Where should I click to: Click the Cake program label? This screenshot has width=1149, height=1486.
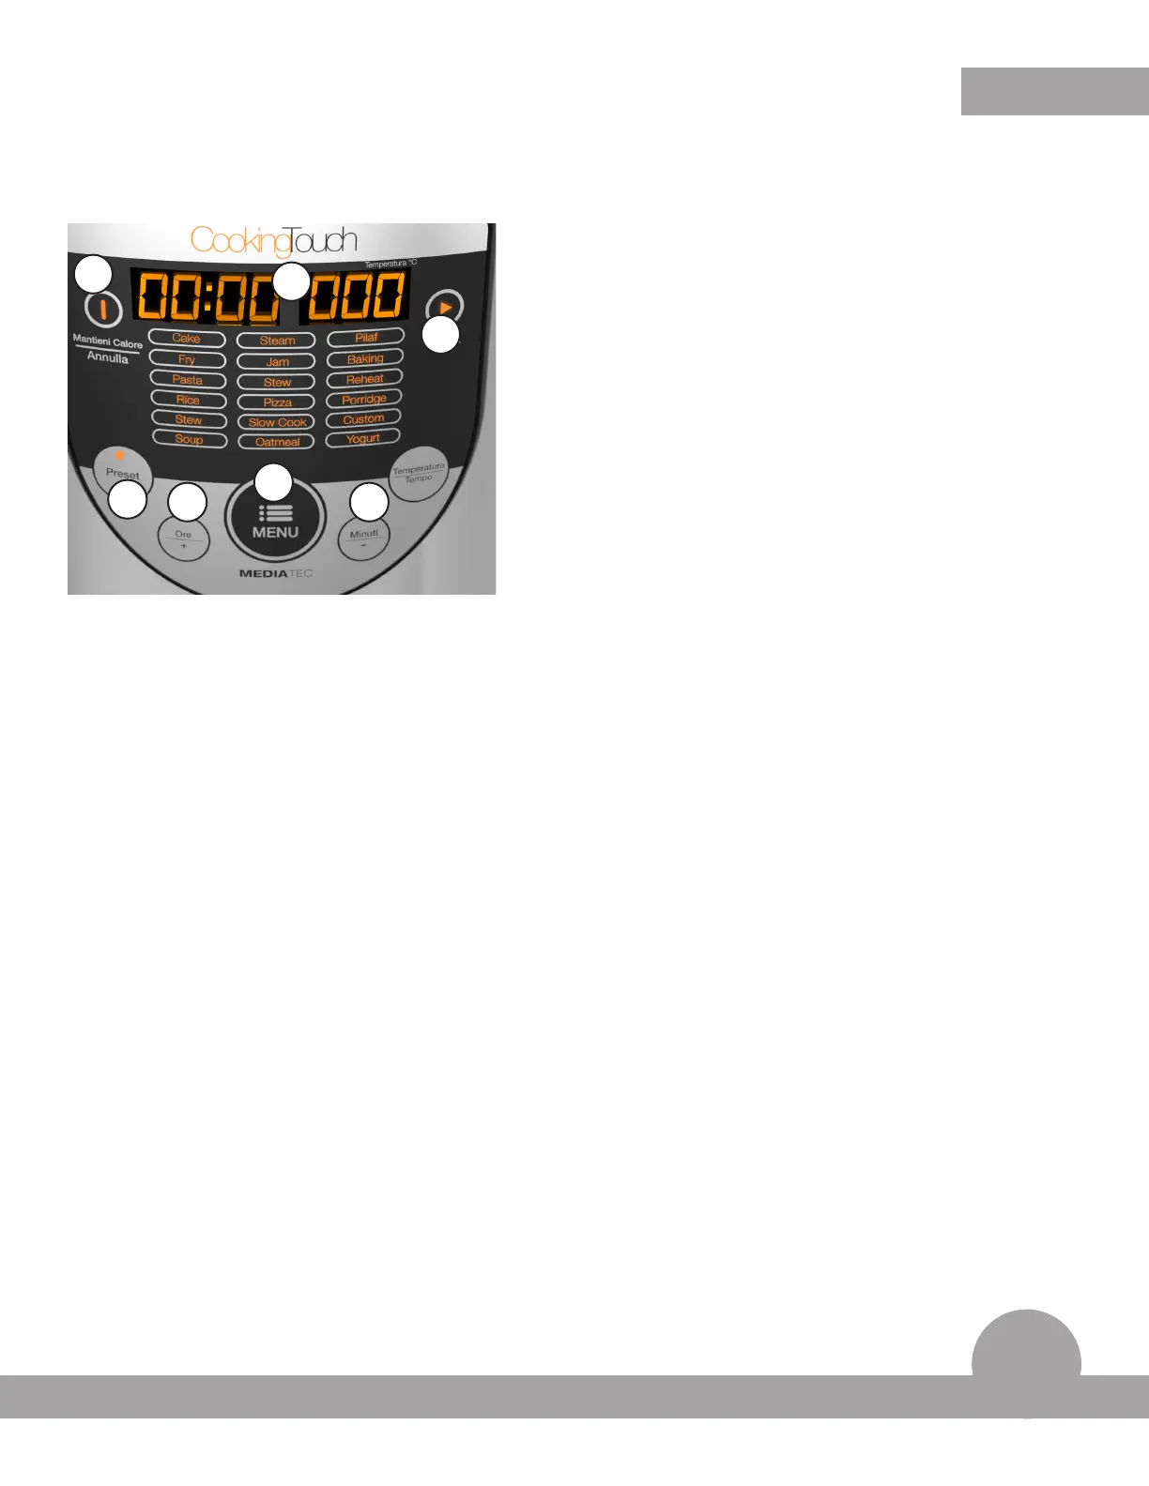187,339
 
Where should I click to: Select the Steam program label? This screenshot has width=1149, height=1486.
276,341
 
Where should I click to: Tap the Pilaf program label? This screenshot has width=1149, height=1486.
366,337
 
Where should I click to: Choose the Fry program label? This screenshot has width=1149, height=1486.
187,359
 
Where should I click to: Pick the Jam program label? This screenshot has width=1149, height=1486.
276,361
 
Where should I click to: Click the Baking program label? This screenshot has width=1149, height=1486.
365,358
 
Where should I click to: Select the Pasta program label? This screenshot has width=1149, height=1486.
188,380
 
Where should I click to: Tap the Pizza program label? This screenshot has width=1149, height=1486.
276,402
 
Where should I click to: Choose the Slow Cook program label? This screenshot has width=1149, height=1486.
276,422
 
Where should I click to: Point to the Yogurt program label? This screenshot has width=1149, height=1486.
363,438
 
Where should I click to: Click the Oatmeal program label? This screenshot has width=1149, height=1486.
276,442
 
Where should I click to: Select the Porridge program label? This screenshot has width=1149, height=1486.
364,399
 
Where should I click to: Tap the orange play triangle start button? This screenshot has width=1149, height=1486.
445,307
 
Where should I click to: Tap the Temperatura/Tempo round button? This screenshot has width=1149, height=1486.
419,473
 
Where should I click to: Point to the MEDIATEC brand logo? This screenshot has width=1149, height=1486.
275,573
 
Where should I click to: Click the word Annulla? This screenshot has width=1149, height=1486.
108,357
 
